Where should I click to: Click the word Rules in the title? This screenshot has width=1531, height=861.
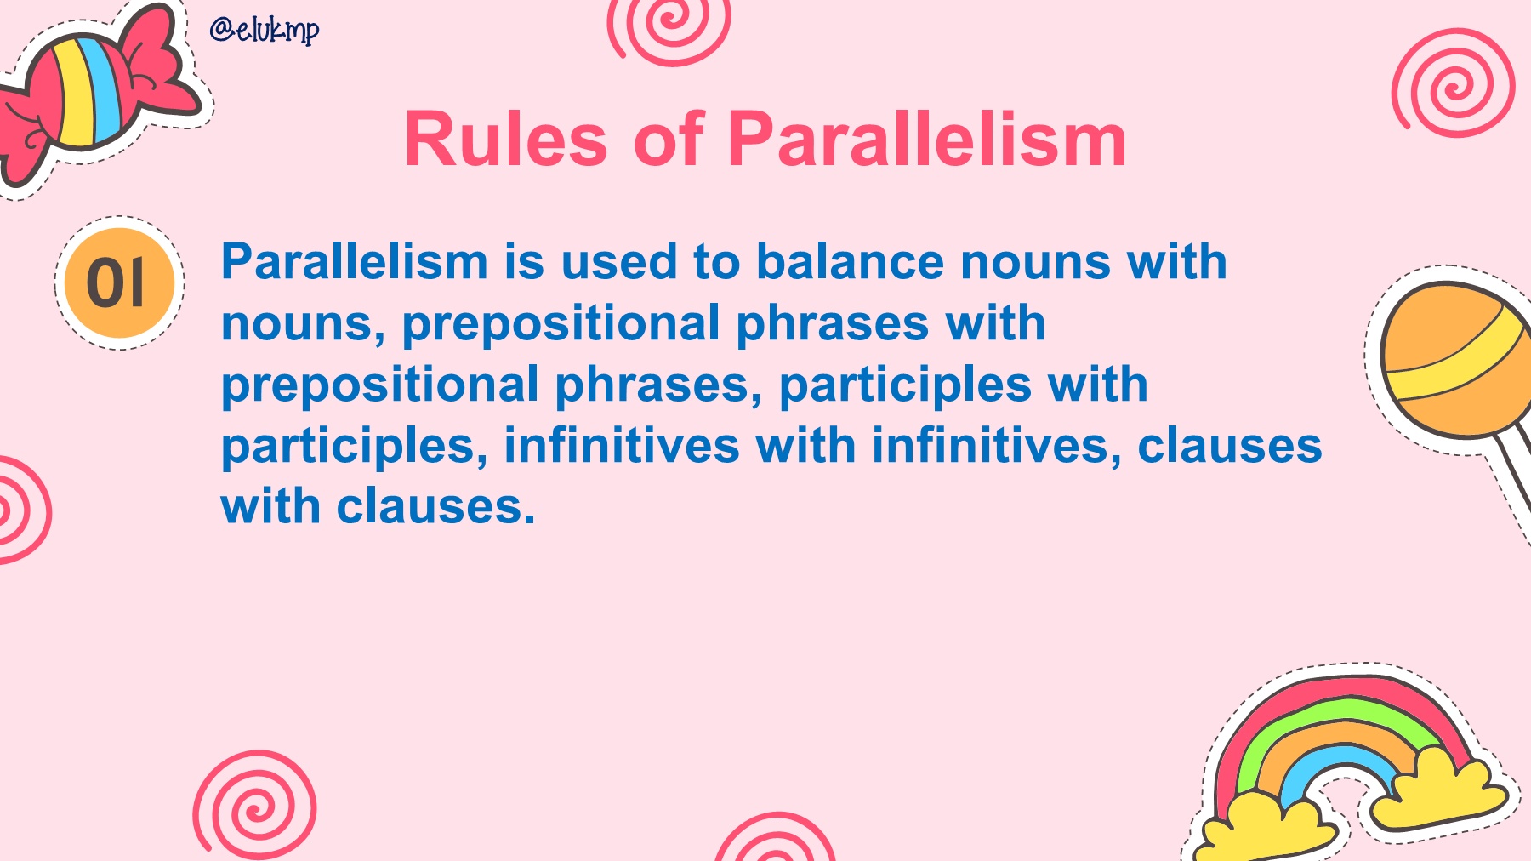pos(506,140)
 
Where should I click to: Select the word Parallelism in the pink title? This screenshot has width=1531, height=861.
pos(927,140)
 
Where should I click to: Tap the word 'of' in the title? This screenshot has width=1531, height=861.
pos(669,140)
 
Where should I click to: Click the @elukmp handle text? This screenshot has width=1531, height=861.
pos(265,30)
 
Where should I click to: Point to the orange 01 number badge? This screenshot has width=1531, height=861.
pos(120,282)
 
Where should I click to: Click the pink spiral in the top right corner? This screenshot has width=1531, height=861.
pos(1454,83)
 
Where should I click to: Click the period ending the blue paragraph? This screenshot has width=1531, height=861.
pos(529,519)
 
